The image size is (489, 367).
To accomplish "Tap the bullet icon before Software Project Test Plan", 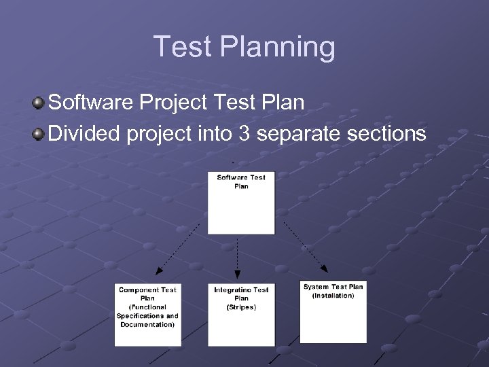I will coord(38,103).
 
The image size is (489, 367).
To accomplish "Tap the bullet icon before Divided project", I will coord(38,133).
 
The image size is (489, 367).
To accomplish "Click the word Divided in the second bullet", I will coord(85,133).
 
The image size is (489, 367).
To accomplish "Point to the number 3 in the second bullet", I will coord(243,133).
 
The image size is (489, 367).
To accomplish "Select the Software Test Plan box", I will coord(241,203).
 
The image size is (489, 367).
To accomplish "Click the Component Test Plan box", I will coord(147,313).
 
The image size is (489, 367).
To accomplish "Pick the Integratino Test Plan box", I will coord(241,313).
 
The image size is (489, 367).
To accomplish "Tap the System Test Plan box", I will coord(333,311).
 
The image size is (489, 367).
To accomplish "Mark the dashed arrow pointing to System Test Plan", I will coord(306,246).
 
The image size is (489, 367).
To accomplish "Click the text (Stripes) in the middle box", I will coord(241,307).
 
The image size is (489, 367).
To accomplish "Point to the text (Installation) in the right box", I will coord(333,296).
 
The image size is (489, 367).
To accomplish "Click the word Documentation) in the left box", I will coord(147,325).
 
